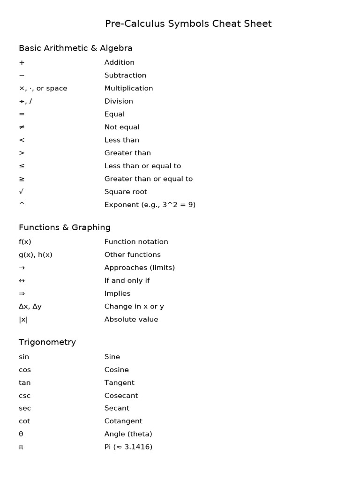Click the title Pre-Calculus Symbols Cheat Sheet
188,23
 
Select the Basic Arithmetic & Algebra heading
75,48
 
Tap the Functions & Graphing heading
65,227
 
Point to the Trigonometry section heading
47,342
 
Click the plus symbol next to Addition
22,62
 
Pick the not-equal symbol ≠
22,127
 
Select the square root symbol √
21,192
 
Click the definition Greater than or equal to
149,179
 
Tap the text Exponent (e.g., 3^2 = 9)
150,204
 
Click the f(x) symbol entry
25,242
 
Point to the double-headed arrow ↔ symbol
22,280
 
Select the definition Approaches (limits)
140,268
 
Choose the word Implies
118,293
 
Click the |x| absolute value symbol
23,320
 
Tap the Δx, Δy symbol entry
30,307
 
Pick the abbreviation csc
24,396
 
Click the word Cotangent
123,421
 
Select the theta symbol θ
21,434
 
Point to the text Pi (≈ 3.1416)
128,447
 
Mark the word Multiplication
129,88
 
